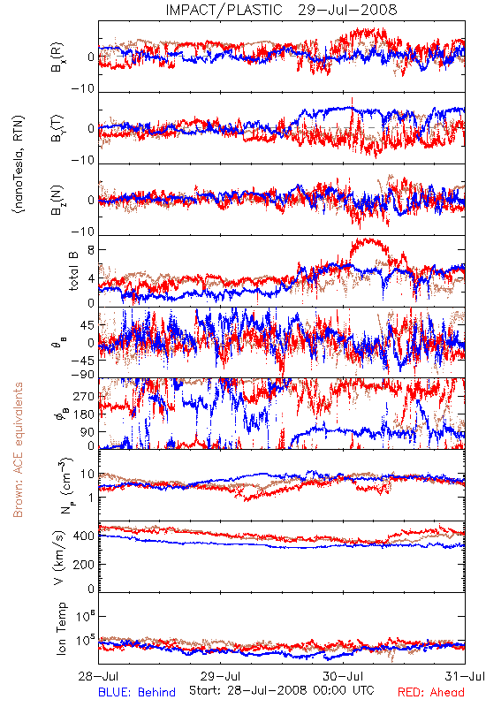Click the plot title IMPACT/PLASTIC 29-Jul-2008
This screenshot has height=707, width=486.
281,10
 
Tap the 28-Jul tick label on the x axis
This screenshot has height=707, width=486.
99,677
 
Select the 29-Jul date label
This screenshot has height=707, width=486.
221,677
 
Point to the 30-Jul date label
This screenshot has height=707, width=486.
343,677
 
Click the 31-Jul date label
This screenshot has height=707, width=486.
465,677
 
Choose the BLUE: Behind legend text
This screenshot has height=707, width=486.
137,692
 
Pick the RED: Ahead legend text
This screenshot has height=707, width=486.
430,692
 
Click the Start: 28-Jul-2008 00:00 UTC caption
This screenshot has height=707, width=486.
281,690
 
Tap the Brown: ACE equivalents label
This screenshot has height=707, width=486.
18,450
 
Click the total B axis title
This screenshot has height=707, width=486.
73,271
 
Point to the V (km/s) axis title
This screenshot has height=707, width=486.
59,558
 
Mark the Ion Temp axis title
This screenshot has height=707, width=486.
62,628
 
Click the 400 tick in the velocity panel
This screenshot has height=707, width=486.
85,536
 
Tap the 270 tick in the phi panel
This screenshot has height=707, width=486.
85,396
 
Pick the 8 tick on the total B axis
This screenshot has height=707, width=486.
92,250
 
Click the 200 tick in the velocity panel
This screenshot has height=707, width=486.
85,564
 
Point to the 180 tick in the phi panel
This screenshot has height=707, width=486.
85,414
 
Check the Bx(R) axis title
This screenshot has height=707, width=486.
58,57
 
